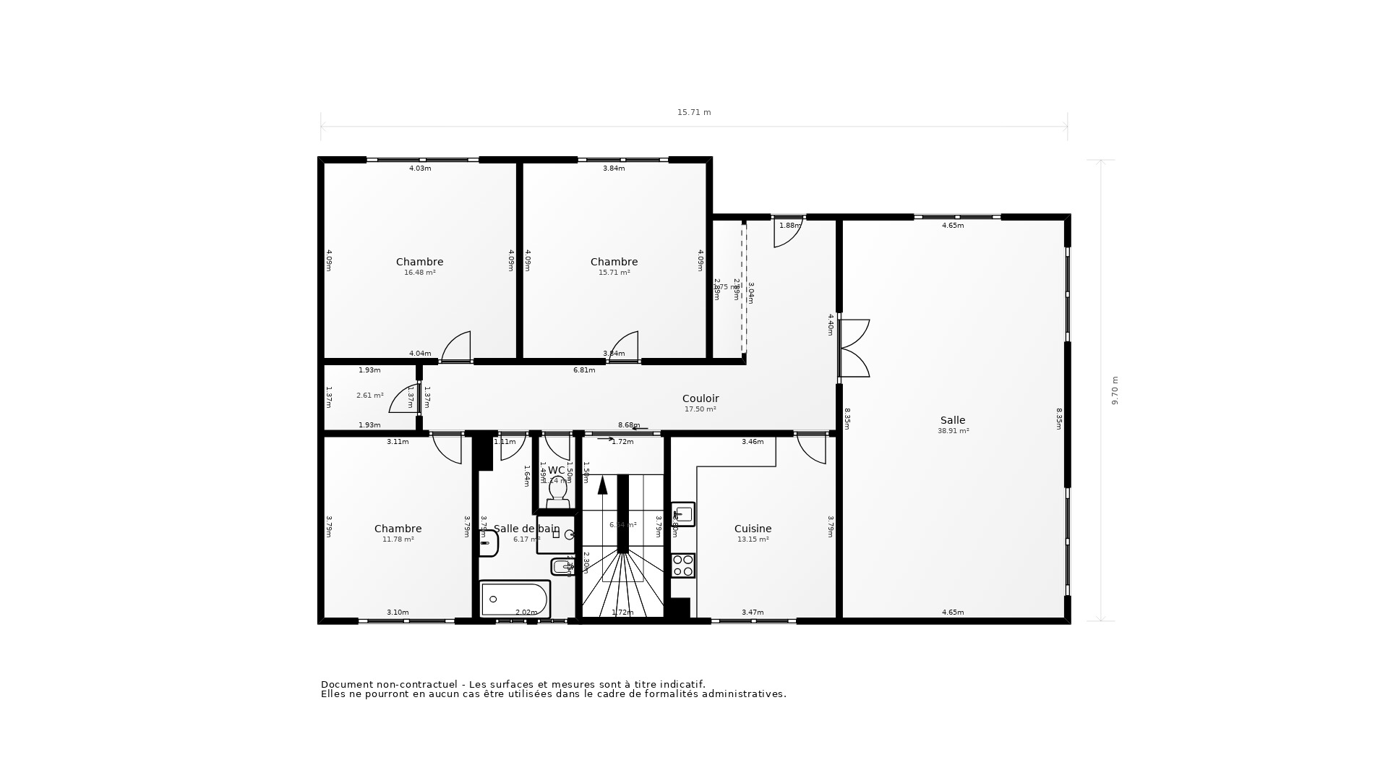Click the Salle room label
pyautogui.click(x=952, y=420)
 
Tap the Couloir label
pyautogui.click(x=700, y=398)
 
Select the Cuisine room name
pyautogui.click(x=753, y=529)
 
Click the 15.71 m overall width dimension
pyautogui.click(x=693, y=113)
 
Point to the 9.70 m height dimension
pyautogui.click(x=1114, y=390)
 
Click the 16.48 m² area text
pyautogui.click(x=419, y=273)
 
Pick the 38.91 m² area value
pyautogui.click(x=953, y=431)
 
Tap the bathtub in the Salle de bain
pyautogui.click(x=515, y=599)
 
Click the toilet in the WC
pyautogui.click(x=557, y=491)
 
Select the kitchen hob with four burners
pyautogui.click(x=683, y=566)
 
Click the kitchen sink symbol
pyautogui.click(x=683, y=514)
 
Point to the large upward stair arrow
pyautogui.click(x=602, y=485)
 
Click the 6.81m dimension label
pyautogui.click(x=584, y=370)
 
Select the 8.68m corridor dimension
pyautogui.click(x=628, y=425)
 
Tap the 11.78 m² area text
pyautogui.click(x=398, y=539)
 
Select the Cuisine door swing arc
pyautogui.click(x=811, y=448)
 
